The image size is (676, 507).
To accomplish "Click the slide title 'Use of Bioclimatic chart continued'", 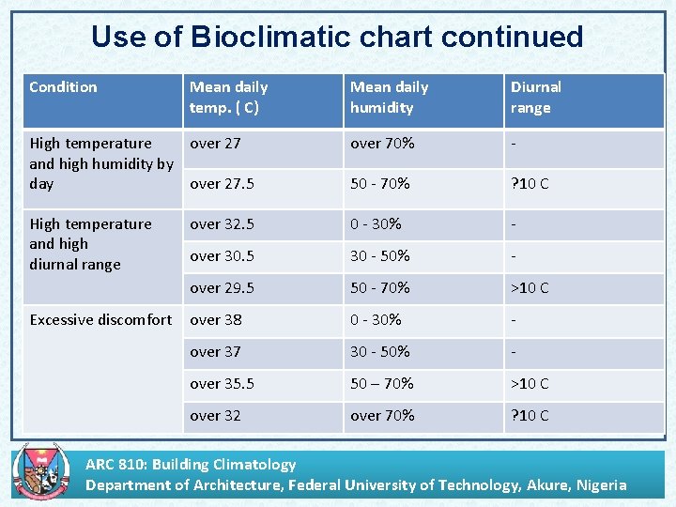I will (x=337, y=37).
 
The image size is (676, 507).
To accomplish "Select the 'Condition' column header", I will (x=63, y=87).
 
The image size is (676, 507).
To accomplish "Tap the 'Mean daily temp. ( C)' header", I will (x=229, y=98).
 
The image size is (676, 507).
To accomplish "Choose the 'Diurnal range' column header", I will (x=535, y=98).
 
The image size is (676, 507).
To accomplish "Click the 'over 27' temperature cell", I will (x=216, y=144).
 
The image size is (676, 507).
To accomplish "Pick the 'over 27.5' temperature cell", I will (x=222, y=184).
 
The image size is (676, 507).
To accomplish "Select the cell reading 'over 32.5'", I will (x=222, y=224).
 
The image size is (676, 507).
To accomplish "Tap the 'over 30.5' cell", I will (x=222, y=256).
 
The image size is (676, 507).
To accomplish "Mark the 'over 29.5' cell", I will (x=222, y=288).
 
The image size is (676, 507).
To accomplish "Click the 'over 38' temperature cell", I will (x=216, y=320).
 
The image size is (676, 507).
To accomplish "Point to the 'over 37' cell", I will (x=216, y=352).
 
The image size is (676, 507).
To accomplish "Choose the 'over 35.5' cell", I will (x=222, y=384).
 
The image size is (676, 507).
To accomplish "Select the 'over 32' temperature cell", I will (x=216, y=416).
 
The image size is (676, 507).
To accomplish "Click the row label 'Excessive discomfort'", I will (x=100, y=320).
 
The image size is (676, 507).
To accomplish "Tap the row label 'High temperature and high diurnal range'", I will (x=90, y=244).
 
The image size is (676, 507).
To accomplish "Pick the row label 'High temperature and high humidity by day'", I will (x=100, y=163).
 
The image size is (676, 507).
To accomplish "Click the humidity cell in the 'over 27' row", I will (x=382, y=144).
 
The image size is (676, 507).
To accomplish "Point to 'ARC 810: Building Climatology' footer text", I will (x=191, y=464).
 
